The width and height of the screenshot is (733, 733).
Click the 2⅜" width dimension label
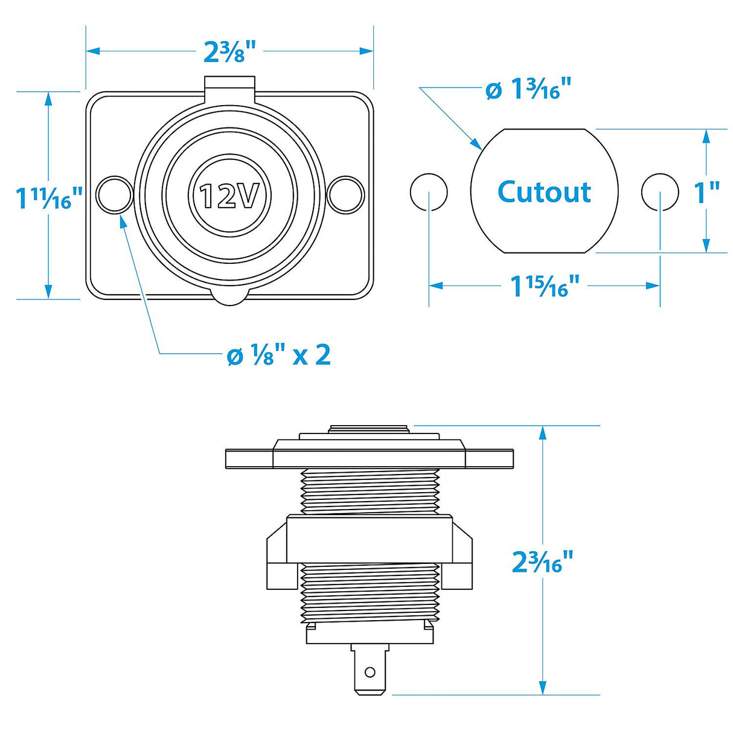coord(230,51)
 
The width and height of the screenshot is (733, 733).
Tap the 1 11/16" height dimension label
coord(48,198)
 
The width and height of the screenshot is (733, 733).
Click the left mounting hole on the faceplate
coord(115,194)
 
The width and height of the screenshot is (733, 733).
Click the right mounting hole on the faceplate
coord(345,194)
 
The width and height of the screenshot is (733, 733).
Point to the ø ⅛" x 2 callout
coord(278,356)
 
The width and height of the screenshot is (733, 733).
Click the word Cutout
coord(544,192)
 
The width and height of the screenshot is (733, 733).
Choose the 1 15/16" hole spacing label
coord(545,286)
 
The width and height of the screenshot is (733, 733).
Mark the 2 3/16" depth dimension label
coord(542,562)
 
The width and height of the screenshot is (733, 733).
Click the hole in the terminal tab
coord(370,671)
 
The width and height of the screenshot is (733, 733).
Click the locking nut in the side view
coord(370,539)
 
